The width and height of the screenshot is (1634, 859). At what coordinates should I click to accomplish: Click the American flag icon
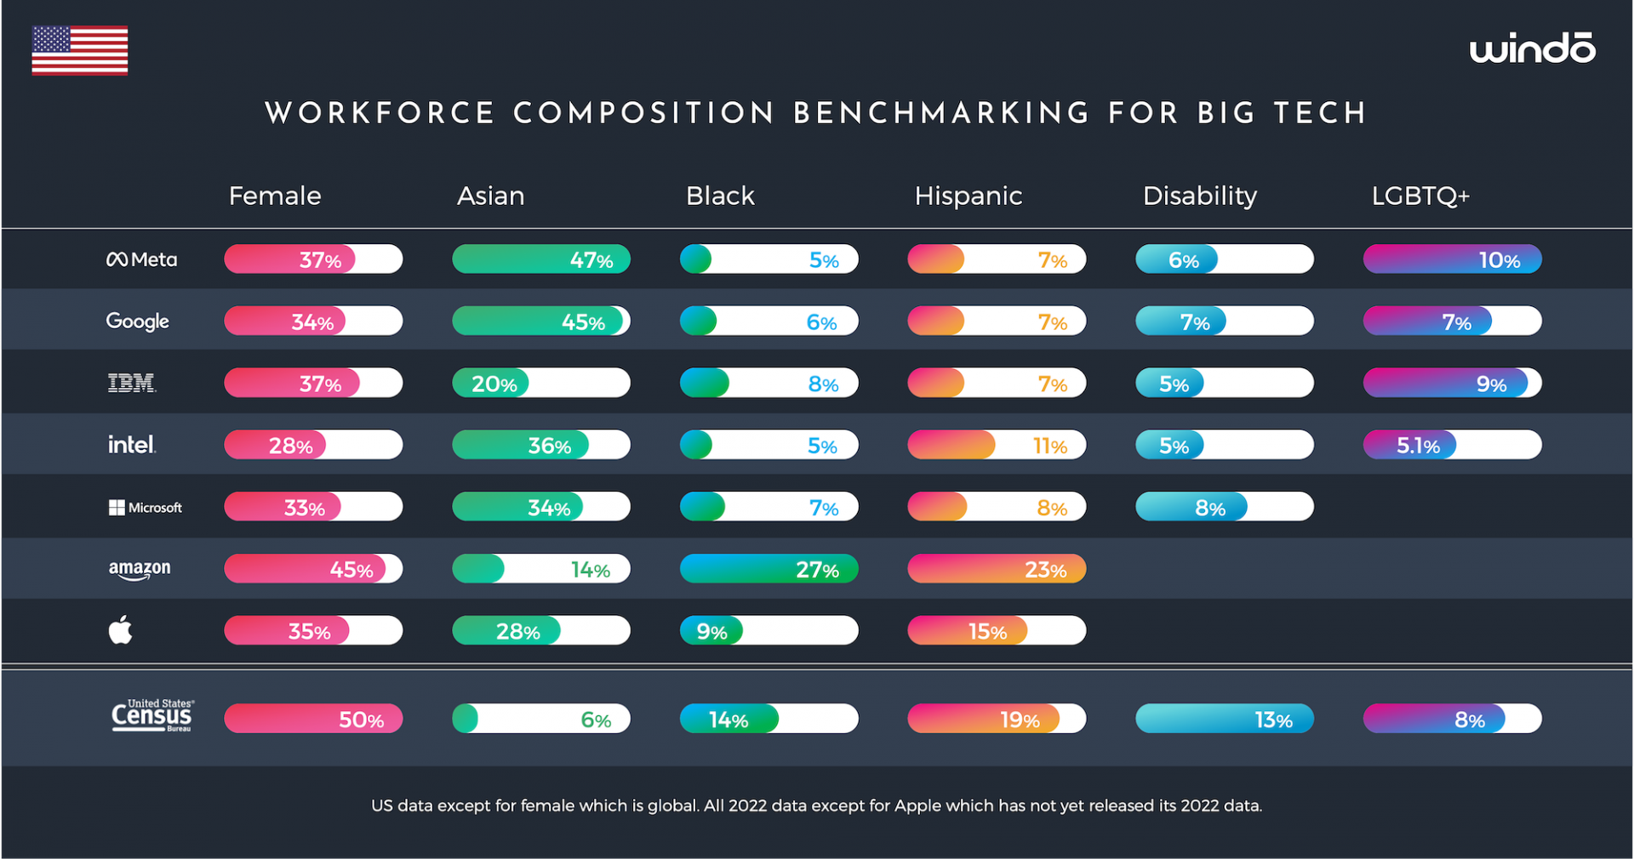click(80, 50)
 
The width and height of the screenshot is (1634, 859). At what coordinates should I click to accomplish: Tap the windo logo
click(1532, 48)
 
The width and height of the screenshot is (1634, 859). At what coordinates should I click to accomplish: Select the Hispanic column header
click(968, 196)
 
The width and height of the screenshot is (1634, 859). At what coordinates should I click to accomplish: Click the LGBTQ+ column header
click(1420, 196)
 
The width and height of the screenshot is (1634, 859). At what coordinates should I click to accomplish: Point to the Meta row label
click(141, 259)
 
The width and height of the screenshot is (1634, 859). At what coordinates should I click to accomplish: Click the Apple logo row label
click(120, 630)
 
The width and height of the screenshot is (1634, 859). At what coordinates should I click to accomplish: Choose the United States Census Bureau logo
click(152, 716)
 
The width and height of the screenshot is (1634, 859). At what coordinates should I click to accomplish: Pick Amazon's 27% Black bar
click(768, 569)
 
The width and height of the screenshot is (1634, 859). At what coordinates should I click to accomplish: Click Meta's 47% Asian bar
click(541, 259)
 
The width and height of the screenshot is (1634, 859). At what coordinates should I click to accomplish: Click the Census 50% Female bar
click(313, 719)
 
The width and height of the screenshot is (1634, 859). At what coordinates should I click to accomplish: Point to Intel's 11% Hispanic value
click(1049, 446)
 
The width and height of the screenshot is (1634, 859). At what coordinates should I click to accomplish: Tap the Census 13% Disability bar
click(1224, 719)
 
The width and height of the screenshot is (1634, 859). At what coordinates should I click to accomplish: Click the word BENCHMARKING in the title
click(941, 113)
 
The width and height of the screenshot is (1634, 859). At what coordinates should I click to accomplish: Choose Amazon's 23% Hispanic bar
click(997, 569)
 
